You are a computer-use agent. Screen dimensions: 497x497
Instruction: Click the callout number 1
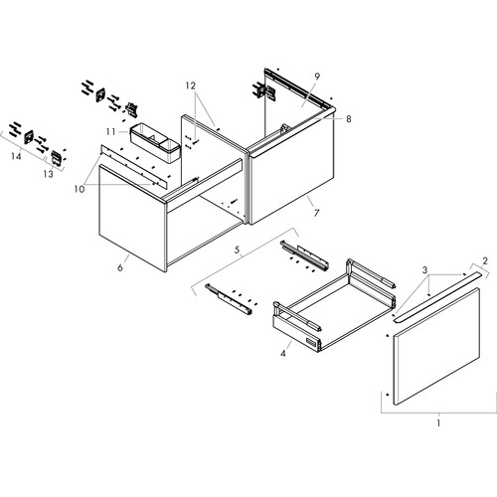click(x=438, y=423)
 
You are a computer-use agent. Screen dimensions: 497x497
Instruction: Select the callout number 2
click(x=485, y=261)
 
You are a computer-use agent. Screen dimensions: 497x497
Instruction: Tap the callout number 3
click(x=425, y=270)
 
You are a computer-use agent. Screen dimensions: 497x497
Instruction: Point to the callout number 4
click(x=282, y=354)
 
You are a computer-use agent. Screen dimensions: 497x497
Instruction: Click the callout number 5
click(x=237, y=249)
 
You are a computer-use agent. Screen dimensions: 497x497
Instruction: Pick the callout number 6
click(x=120, y=267)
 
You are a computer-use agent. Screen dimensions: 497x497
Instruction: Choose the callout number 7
click(x=316, y=213)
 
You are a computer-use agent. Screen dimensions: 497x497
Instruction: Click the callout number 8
click(x=349, y=118)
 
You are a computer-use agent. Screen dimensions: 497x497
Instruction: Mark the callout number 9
click(x=317, y=77)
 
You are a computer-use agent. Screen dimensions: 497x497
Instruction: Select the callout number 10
click(x=80, y=189)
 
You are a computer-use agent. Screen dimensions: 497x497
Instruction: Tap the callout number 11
click(x=111, y=132)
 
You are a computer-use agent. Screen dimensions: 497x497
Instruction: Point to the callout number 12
click(x=191, y=85)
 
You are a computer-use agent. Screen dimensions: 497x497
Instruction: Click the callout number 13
click(x=49, y=173)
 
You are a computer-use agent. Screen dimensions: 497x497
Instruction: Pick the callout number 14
click(x=16, y=156)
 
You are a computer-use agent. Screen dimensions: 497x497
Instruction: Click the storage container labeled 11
click(x=155, y=143)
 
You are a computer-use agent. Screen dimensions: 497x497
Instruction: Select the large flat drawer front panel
click(x=436, y=347)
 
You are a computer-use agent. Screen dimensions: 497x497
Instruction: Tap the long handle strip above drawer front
click(x=436, y=296)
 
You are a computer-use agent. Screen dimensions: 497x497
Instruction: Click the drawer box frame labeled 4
click(x=335, y=305)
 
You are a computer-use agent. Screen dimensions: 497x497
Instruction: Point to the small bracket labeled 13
click(x=57, y=158)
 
